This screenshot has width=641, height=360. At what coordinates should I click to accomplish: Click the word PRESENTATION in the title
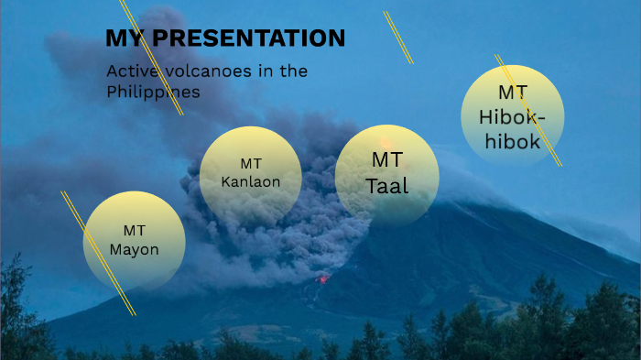pyautogui.click(x=249, y=38)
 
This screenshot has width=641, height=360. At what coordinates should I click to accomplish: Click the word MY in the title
pyautogui.click(x=126, y=38)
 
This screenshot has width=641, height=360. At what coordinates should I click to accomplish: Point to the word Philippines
pyautogui.click(x=153, y=93)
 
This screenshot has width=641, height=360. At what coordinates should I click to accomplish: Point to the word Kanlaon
pyautogui.click(x=250, y=180)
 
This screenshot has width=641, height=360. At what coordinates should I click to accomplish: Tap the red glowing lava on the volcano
pyautogui.click(x=322, y=278)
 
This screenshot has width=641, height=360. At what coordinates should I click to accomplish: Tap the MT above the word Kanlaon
pyautogui.click(x=251, y=163)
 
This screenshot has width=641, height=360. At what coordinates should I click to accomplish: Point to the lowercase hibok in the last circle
pyautogui.click(x=512, y=142)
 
